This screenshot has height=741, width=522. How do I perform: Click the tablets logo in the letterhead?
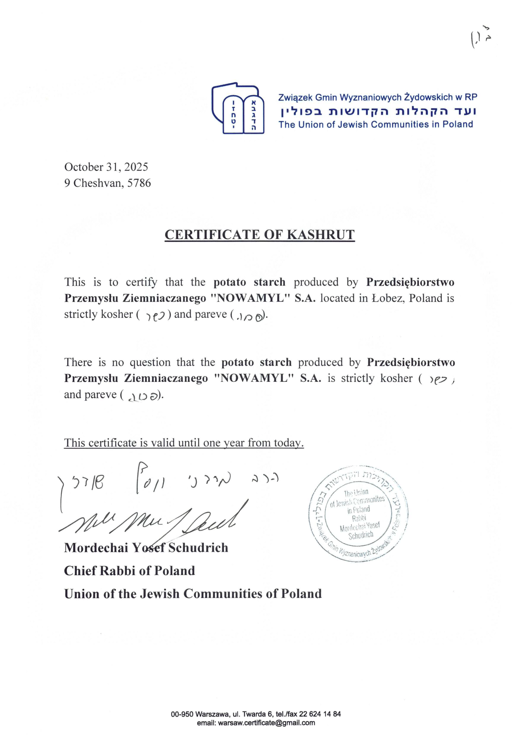(238, 110)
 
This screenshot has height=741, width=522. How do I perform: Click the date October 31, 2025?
(106, 167)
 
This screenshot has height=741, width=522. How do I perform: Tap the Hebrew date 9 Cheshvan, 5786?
(107, 183)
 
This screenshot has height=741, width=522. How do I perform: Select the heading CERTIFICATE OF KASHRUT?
(259, 235)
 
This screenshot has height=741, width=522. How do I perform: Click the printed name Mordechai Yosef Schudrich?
(146, 548)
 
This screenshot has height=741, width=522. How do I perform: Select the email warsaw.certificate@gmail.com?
(266, 732)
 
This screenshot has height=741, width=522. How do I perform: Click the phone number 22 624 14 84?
(320, 723)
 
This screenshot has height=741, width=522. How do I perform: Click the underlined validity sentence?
(184, 443)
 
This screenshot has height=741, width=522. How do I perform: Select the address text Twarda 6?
(255, 723)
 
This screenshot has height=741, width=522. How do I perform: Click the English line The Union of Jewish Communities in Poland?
(375, 124)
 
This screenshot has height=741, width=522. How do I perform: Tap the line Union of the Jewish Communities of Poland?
(193, 594)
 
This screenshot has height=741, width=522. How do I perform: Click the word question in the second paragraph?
(150, 362)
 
